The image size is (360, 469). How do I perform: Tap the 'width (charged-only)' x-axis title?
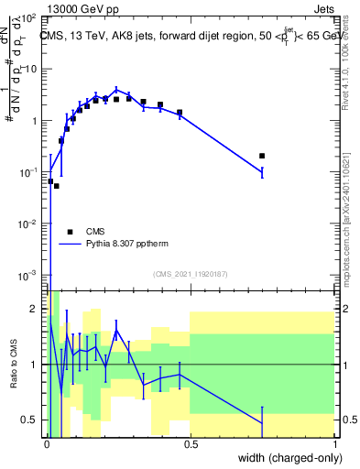286,457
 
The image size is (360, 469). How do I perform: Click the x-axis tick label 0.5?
191,442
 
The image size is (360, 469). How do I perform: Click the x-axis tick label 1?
335,442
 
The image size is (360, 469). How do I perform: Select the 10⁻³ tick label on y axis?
29,276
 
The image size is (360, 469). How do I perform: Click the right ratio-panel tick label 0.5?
348,420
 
